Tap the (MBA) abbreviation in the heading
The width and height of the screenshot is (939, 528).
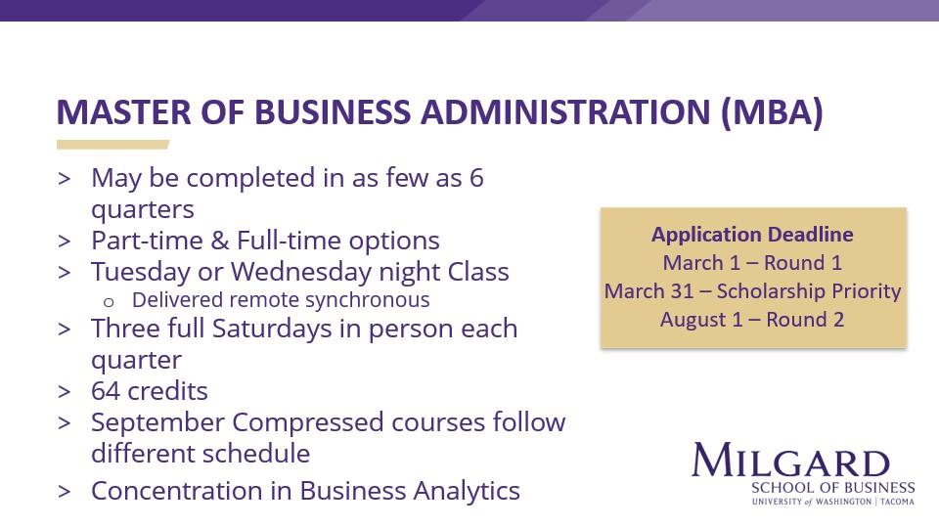click(772, 112)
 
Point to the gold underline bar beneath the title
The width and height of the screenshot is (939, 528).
click(112, 145)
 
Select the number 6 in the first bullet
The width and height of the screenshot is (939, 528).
click(476, 178)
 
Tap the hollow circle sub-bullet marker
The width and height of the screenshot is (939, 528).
click(109, 300)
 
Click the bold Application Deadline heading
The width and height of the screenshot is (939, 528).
click(752, 235)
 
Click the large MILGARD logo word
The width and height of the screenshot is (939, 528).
click(790, 461)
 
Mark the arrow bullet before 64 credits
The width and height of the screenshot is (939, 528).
click(65, 392)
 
